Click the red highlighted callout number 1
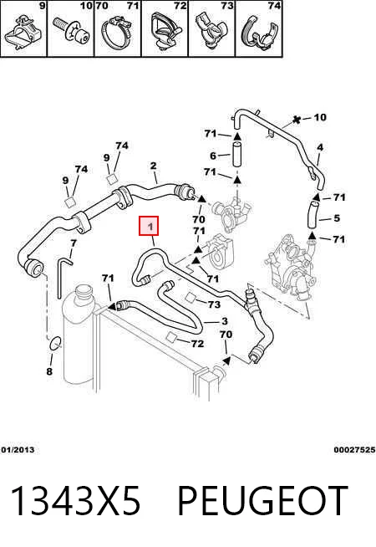click(150, 227)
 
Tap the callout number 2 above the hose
click(154, 166)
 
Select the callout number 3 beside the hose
click(225, 321)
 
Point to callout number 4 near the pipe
click(320, 147)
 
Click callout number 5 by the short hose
click(337, 218)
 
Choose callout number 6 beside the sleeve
click(213, 156)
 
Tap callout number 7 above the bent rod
click(74, 243)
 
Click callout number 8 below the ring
click(49, 371)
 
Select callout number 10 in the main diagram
click(320, 117)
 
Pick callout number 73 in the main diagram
click(214, 304)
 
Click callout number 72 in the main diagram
click(197, 344)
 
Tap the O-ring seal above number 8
click(56, 343)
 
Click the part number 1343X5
click(76, 500)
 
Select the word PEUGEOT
click(262, 500)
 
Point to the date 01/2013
click(18, 450)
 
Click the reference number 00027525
click(354, 450)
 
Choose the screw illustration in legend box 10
click(72, 31)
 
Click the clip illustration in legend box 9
click(23, 33)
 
